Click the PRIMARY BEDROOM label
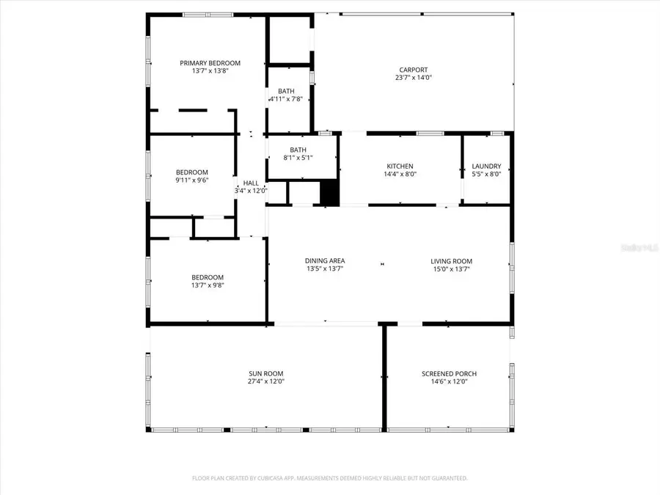210,63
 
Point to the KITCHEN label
400,166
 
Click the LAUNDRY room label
486,166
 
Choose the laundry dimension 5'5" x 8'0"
486,175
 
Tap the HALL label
251,183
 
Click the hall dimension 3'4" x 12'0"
251,191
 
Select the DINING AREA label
325,261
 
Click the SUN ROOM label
265,373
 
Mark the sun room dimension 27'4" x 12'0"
265,381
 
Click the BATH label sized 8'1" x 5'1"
298,150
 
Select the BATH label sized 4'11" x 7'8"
286,91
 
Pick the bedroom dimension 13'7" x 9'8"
208,285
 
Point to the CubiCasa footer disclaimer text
329,478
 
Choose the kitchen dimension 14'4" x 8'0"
400,175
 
